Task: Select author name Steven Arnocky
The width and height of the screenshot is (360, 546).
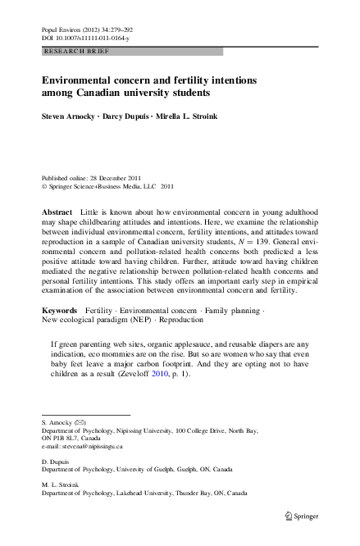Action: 69,116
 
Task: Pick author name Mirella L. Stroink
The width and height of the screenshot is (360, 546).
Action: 188,116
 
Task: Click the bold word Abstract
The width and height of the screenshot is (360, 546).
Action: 57,212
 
